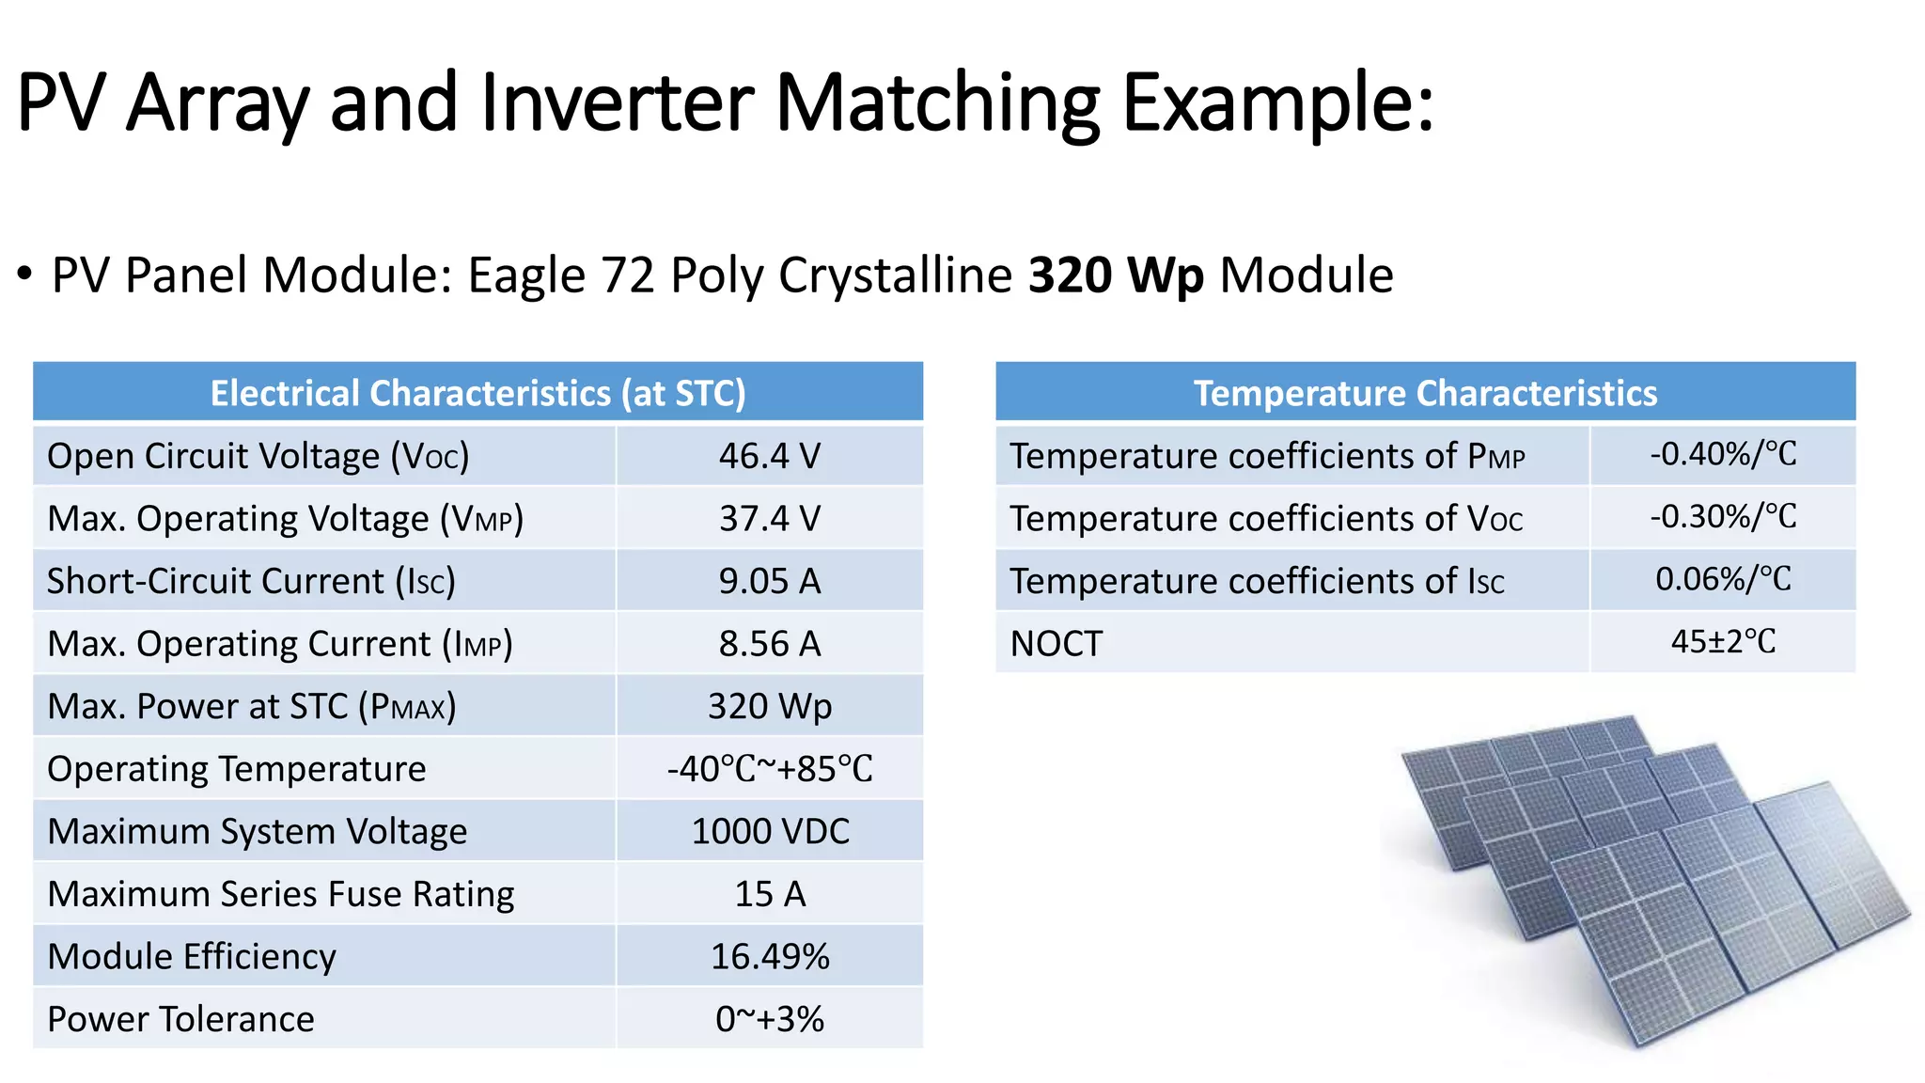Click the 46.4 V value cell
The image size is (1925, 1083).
pyautogui.click(x=769, y=456)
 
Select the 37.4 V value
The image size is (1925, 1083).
pyautogui.click(x=769, y=519)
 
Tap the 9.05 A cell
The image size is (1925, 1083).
pyautogui.click(x=769, y=581)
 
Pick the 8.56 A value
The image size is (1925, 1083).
pyautogui.click(x=769, y=644)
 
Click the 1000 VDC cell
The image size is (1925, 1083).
pyautogui.click(x=769, y=831)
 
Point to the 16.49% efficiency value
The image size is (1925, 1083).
pyautogui.click(x=769, y=956)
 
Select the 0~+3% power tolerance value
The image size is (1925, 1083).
pyautogui.click(x=769, y=1019)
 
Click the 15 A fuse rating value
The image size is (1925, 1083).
pyautogui.click(x=769, y=894)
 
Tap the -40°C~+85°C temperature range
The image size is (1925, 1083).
pyautogui.click(x=769, y=769)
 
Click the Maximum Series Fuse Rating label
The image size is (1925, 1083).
pyautogui.click(x=280, y=894)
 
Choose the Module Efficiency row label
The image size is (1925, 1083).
pyautogui.click(x=192, y=956)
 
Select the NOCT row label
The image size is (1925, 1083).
pyautogui.click(x=1056, y=644)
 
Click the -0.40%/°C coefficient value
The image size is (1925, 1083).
pyautogui.click(x=1722, y=455)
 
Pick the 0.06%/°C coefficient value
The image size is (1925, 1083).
pyautogui.click(x=1722, y=579)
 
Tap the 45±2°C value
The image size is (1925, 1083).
pyautogui.click(x=1722, y=642)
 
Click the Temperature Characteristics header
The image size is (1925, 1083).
pyautogui.click(x=1425, y=393)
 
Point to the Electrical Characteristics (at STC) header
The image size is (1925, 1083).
pyautogui.click(x=477, y=393)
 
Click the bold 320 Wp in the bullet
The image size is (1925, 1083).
pyautogui.click(x=1115, y=275)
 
